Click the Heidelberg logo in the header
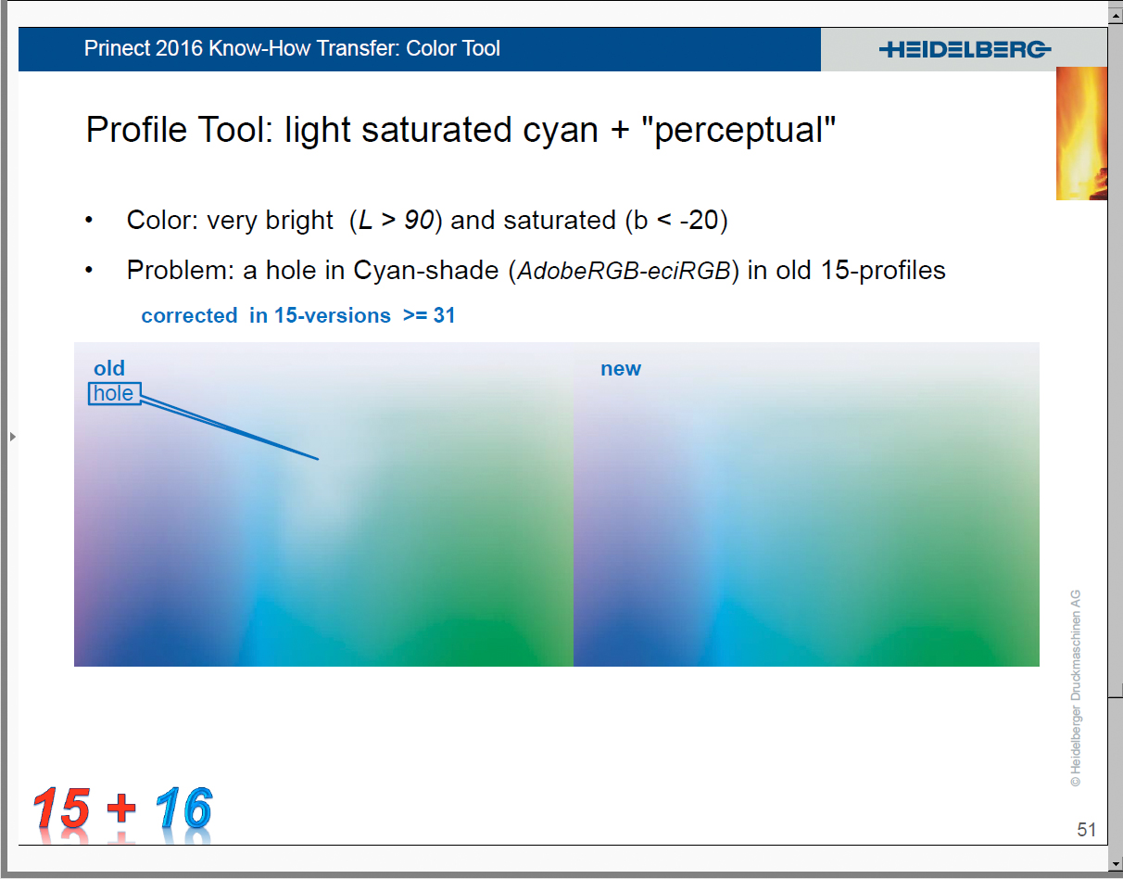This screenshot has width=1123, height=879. click(x=965, y=50)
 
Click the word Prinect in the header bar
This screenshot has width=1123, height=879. click(x=117, y=48)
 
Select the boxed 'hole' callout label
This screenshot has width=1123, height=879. click(x=114, y=393)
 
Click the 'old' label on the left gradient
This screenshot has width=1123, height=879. click(x=109, y=368)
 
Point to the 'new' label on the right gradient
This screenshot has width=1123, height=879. click(x=620, y=369)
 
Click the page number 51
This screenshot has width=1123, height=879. click(x=1086, y=829)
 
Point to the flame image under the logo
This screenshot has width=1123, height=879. click(x=1081, y=134)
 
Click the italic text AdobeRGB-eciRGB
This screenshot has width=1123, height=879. click(x=624, y=271)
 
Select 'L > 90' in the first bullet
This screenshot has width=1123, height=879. click(x=396, y=221)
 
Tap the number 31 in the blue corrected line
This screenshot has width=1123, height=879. click(x=444, y=315)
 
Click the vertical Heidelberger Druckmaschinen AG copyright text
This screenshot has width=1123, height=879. click(x=1076, y=688)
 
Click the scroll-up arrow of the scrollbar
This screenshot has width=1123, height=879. click(x=1116, y=16)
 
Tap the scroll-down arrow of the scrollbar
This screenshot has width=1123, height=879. click(x=1116, y=863)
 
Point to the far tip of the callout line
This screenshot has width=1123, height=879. click(x=319, y=459)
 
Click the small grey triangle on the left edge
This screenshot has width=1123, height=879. click(x=13, y=437)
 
